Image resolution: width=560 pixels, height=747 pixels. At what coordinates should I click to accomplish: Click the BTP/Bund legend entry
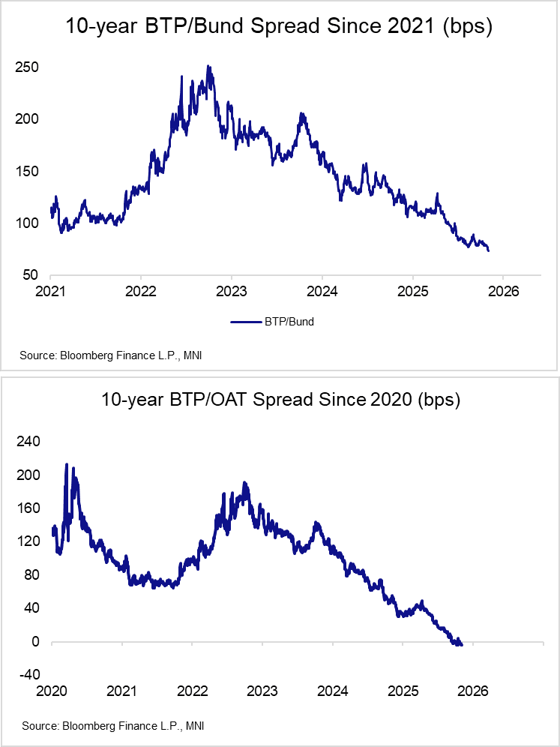point(273,322)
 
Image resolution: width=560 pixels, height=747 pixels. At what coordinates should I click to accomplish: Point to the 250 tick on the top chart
point(27,67)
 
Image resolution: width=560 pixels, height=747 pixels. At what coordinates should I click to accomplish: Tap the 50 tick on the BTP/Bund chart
point(31,275)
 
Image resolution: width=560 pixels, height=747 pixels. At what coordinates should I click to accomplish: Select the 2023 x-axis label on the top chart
point(231,291)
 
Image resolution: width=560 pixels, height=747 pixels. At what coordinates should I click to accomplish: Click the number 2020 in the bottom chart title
point(391,399)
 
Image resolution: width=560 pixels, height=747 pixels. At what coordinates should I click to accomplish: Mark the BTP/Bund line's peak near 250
point(208,67)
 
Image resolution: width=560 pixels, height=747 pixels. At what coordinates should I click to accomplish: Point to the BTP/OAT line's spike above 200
point(67,465)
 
